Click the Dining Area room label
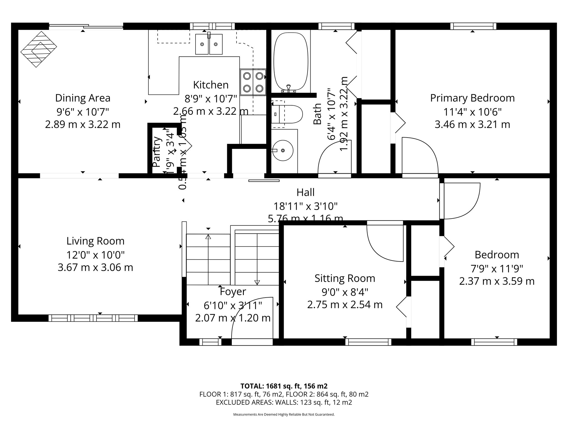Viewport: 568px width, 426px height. click(x=83, y=98)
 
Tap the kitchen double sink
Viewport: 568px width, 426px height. click(x=209, y=44)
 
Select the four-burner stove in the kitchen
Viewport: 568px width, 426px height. click(x=253, y=82)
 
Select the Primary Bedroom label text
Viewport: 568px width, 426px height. click(x=472, y=98)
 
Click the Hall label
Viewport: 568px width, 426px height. click(x=305, y=192)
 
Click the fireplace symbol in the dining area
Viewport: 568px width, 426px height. click(x=39, y=49)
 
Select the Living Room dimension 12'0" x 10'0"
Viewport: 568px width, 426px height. click(x=95, y=255)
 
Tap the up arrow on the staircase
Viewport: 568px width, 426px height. click(x=208, y=237)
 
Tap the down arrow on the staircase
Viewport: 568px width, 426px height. click(x=257, y=282)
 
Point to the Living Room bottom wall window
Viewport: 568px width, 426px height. click(x=93, y=318)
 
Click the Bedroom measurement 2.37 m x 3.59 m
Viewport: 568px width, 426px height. click(x=496, y=281)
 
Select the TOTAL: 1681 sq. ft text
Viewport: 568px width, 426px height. click(x=284, y=386)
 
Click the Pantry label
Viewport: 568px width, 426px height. click(x=157, y=152)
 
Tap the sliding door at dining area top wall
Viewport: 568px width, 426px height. click(x=86, y=26)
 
